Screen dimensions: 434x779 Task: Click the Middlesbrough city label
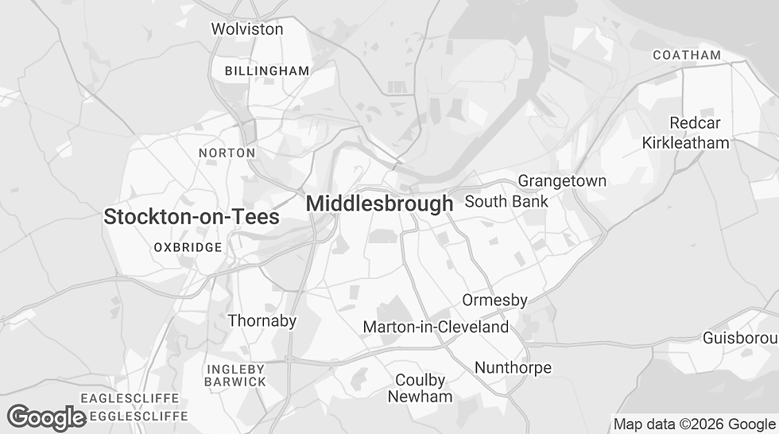379,203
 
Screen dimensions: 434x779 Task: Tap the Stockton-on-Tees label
192,216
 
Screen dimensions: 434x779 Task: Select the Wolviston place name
246,29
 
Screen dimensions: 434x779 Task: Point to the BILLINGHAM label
267,71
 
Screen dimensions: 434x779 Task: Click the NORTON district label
227,153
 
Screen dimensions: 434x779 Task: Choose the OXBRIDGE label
188,247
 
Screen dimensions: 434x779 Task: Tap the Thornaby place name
262,321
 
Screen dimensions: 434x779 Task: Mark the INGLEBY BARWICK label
236,375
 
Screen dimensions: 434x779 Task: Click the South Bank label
506,201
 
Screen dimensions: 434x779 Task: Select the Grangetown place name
562,180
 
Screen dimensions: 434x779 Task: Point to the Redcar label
695,123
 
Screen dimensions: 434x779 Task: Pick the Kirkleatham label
686,143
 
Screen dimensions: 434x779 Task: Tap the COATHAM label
687,55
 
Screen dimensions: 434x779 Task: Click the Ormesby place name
495,300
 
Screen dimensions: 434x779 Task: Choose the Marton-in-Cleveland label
436,327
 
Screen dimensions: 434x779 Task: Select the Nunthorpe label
513,367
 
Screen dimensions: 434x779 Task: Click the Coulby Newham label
421,388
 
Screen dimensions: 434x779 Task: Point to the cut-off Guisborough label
740,339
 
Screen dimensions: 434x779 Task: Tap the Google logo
46,417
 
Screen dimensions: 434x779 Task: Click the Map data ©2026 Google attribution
693,424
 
